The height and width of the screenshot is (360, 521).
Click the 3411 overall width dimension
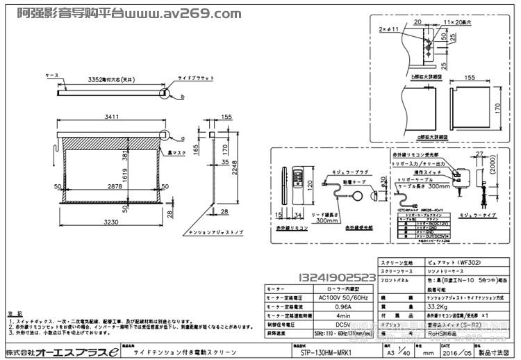(107, 118)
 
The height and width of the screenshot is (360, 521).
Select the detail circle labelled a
(165, 136)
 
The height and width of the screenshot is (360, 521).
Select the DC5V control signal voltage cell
(344, 323)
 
